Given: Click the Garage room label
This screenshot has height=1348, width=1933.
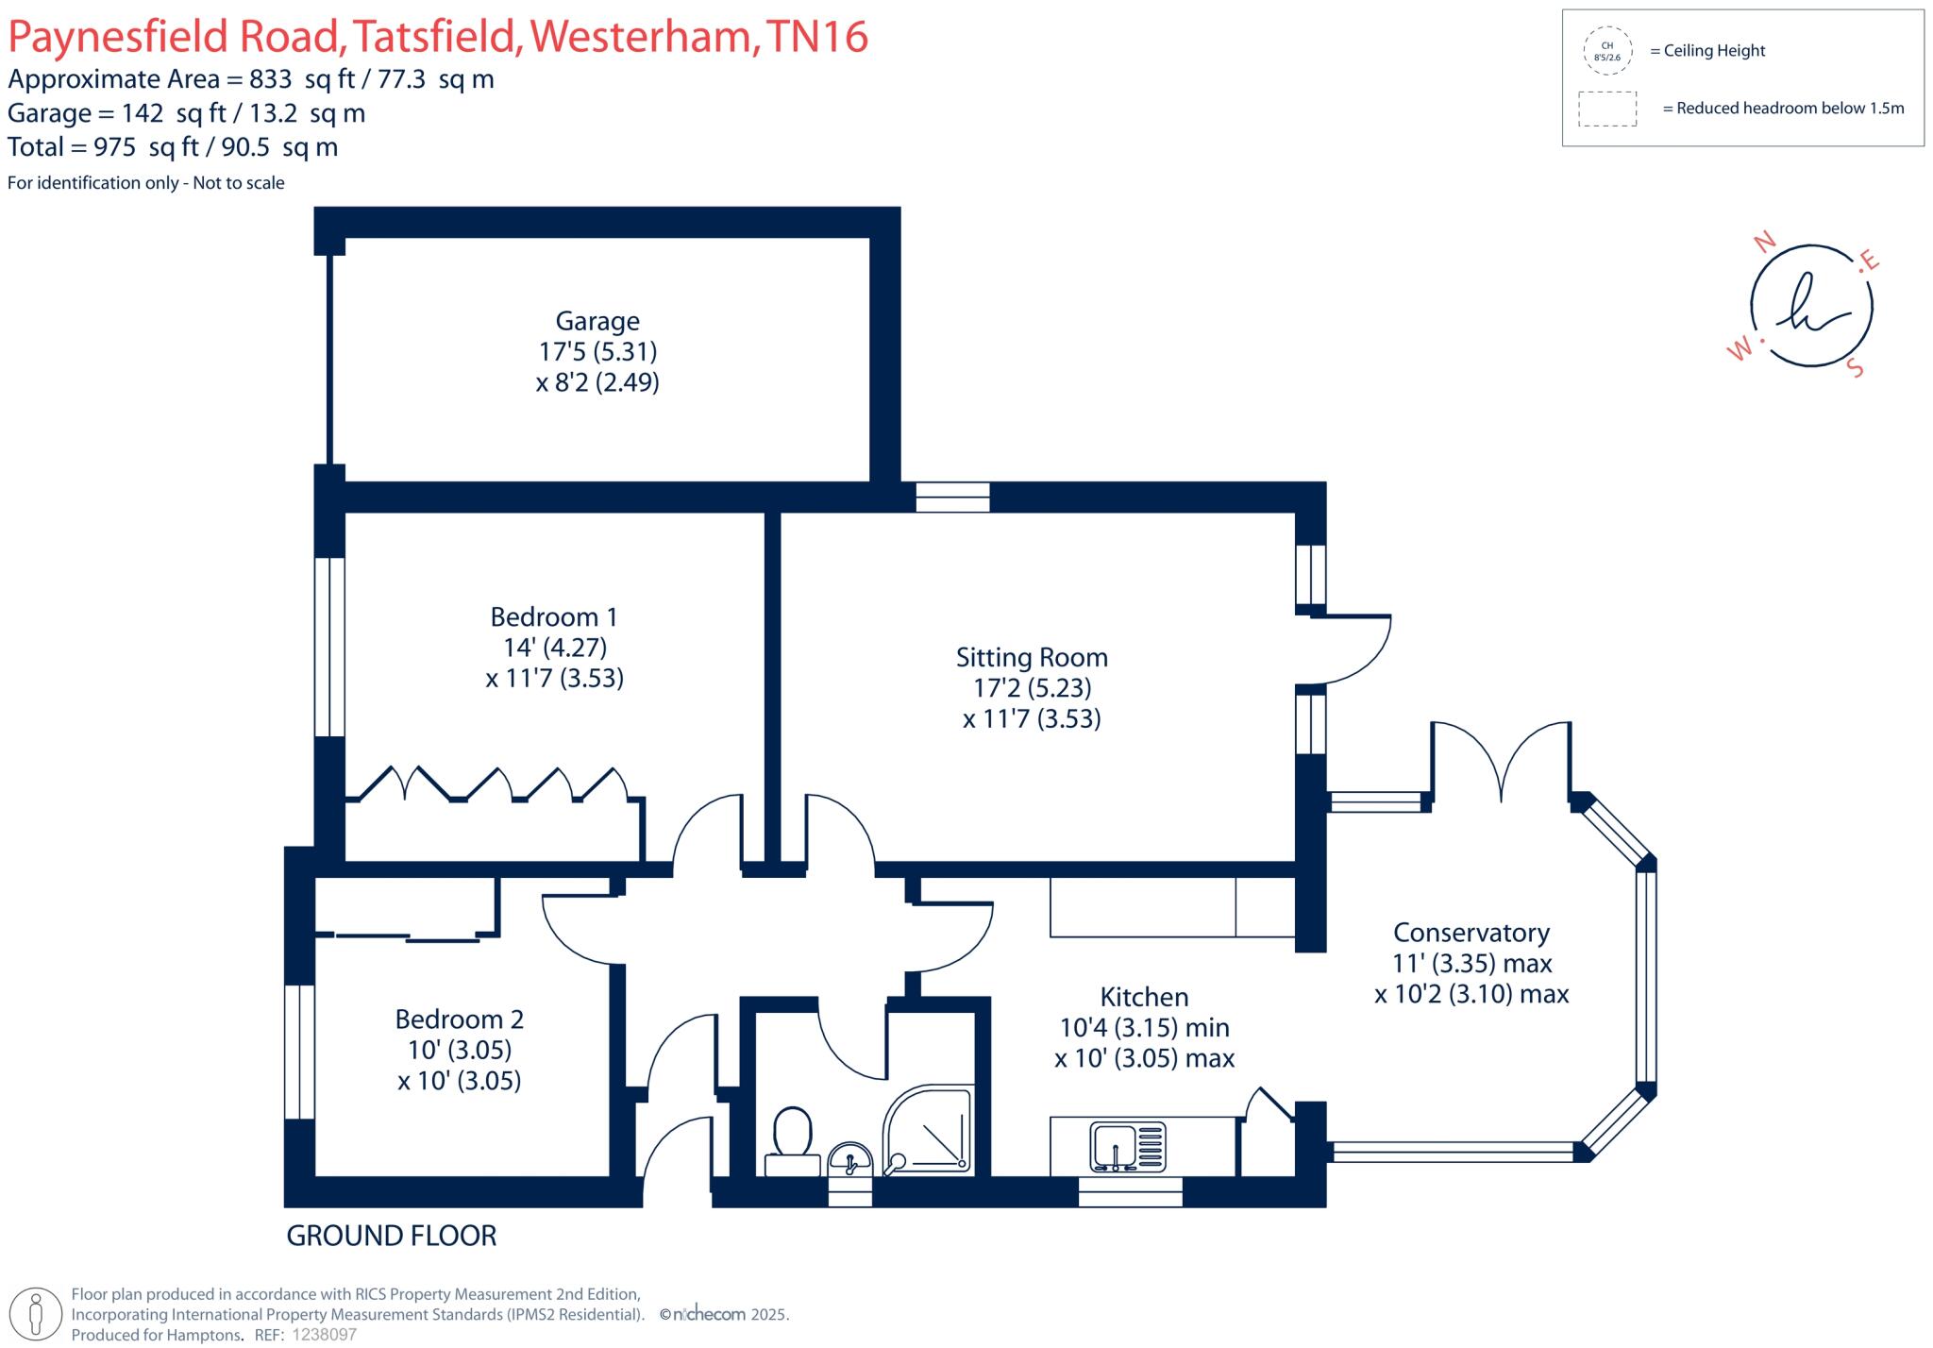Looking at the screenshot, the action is point(597,321).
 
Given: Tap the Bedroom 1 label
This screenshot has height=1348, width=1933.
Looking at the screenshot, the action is point(554,617).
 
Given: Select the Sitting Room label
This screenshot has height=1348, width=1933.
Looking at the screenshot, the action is point(1032,658).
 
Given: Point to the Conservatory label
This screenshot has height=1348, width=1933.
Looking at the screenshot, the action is point(1471,933).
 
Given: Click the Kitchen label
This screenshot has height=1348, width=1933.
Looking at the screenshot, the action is point(1144,997).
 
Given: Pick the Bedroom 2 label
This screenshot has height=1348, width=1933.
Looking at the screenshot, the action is point(459,1019).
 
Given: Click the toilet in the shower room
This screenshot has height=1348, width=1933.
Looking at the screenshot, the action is point(793,1137).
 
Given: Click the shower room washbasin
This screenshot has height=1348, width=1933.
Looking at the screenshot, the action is point(850,1159).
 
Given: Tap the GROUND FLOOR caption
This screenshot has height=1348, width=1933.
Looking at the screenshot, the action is point(392,1236).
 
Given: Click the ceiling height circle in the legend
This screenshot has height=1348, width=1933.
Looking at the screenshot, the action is point(1606,51).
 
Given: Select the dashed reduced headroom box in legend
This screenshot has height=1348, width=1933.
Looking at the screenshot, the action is point(1607,109).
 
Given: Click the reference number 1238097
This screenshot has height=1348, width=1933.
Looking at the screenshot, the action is point(325,1335).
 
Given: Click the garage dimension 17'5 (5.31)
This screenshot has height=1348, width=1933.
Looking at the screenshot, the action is point(597,352).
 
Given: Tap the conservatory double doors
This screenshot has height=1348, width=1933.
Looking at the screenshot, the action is point(1502,763).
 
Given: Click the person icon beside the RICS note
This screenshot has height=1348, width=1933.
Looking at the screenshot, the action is point(37,1314).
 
